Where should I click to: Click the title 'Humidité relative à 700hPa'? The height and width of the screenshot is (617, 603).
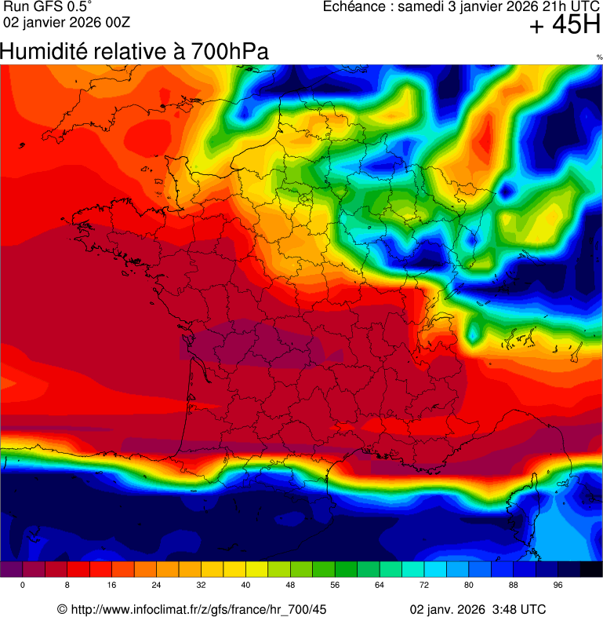pos(134,53)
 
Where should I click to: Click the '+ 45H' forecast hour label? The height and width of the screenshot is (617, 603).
pos(565,26)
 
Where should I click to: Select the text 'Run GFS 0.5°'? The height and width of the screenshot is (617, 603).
pos(48,7)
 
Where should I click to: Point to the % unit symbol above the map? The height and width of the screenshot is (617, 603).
pos(599,57)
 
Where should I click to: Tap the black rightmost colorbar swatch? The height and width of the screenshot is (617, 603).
pos(591,569)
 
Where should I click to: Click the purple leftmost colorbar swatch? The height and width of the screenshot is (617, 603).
pos(11,569)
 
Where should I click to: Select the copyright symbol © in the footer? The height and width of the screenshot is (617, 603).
pos(62,609)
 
